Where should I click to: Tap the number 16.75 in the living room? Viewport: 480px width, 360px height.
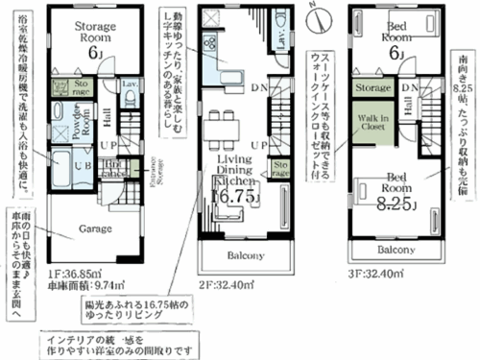[233, 197]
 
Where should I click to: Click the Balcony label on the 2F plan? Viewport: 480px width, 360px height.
[241, 257]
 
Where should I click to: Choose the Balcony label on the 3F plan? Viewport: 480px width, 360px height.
[395, 249]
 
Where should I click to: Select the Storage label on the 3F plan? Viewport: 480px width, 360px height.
[372, 87]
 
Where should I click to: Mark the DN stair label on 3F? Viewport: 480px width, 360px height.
[411, 88]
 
